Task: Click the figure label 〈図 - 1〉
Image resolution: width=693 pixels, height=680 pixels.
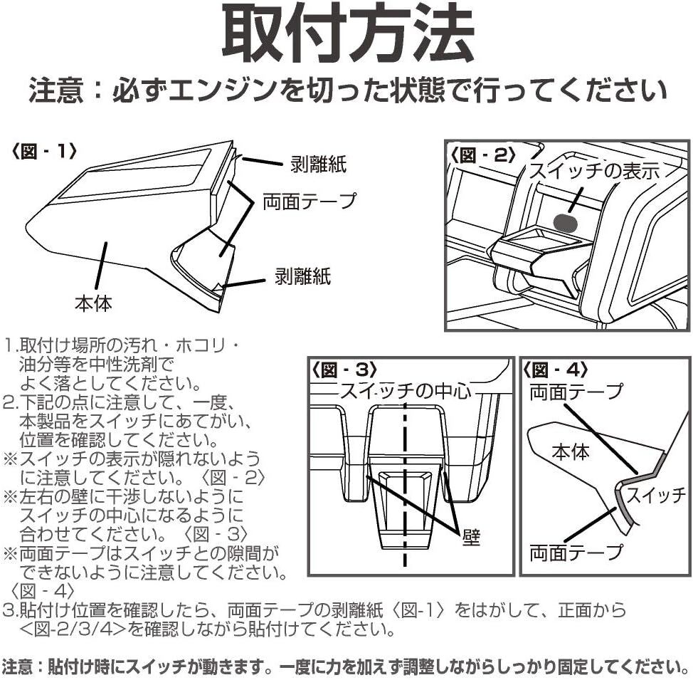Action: [44, 152]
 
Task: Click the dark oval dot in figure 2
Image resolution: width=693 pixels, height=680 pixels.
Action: [566, 223]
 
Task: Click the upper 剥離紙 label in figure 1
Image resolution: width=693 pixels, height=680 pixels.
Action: [318, 164]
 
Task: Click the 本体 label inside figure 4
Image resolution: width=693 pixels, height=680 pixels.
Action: [571, 450]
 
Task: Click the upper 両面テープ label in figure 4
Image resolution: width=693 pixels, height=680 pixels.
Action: [576, 391]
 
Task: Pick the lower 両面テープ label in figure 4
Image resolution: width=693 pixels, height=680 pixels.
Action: [576, 550]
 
